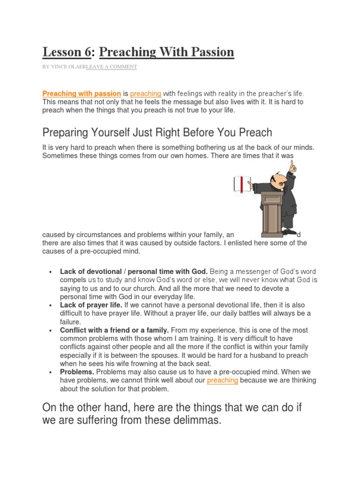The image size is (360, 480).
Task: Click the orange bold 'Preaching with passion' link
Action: [x=82, y=94]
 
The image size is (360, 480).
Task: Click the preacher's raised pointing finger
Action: [x=292, y=165]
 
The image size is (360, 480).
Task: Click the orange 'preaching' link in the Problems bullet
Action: [x=222, y=380]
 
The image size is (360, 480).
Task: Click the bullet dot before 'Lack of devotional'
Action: [x=49, y=272]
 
